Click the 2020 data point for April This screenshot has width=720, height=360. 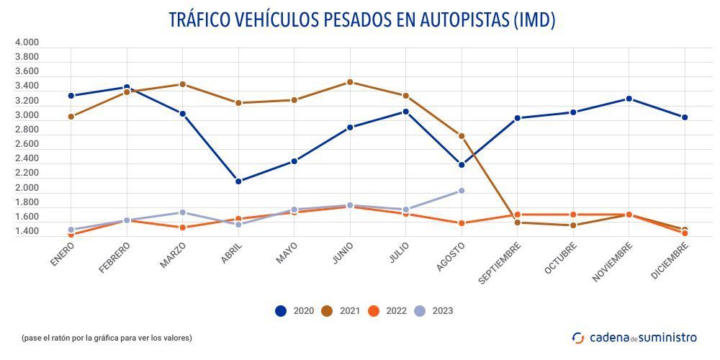(x=238, y=181)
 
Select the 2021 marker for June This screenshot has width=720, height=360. (x=350, y=82)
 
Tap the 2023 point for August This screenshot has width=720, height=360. (x=462, y=191)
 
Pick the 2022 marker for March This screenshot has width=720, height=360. (x=183, y=228)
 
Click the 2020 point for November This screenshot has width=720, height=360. (x=629, y=99)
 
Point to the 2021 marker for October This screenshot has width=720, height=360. (x=573, y=225)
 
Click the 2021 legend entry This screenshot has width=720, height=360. (x=341, y=311)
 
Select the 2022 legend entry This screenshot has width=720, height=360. (x=387, y=311)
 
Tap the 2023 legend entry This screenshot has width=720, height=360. (x=433, y=311)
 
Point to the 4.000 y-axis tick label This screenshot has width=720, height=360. (x=27, y=42)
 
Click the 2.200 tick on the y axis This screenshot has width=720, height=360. (x=27, y=174)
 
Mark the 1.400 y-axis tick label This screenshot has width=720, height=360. (x=27, y=232)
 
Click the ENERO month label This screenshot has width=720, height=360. (x=63, y=254)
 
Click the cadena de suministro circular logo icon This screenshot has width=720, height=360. (x=578, y=337)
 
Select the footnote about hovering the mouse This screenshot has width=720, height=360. (x=107, y=337)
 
